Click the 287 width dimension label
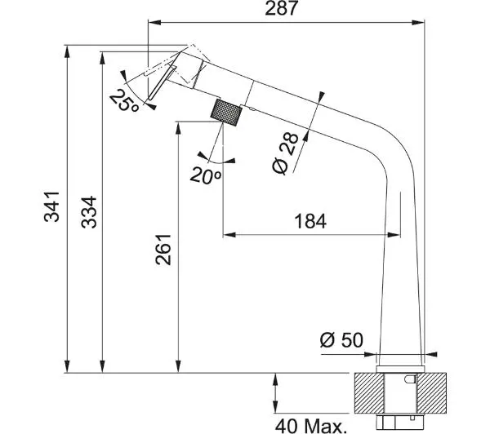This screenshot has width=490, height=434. pos(281,8)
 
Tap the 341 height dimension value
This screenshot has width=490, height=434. pos(52,206)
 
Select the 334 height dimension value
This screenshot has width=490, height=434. pos(89,212)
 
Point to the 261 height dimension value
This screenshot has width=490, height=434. pos(163,250)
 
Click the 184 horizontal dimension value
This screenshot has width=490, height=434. pos(310,221)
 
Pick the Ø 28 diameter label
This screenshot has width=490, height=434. pos(285,153)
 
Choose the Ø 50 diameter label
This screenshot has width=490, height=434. pos(341,339)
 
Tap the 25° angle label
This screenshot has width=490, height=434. pos(124,100)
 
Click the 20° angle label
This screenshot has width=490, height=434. pos(205,175)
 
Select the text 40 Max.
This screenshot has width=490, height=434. pos(311,427)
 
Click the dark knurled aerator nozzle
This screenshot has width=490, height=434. pos(226,113)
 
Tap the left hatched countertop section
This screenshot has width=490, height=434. pos(369,392)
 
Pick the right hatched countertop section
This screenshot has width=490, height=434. pos(432,392)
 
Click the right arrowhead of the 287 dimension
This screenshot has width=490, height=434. pos(418,22)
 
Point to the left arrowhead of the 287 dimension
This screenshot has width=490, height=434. pos(154,22)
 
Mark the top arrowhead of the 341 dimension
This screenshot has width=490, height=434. pos(67,52)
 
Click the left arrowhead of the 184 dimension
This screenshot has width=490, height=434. pos(229,234)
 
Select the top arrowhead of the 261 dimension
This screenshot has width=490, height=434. pos(178,128)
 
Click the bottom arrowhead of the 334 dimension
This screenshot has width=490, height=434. pos(103,366)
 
